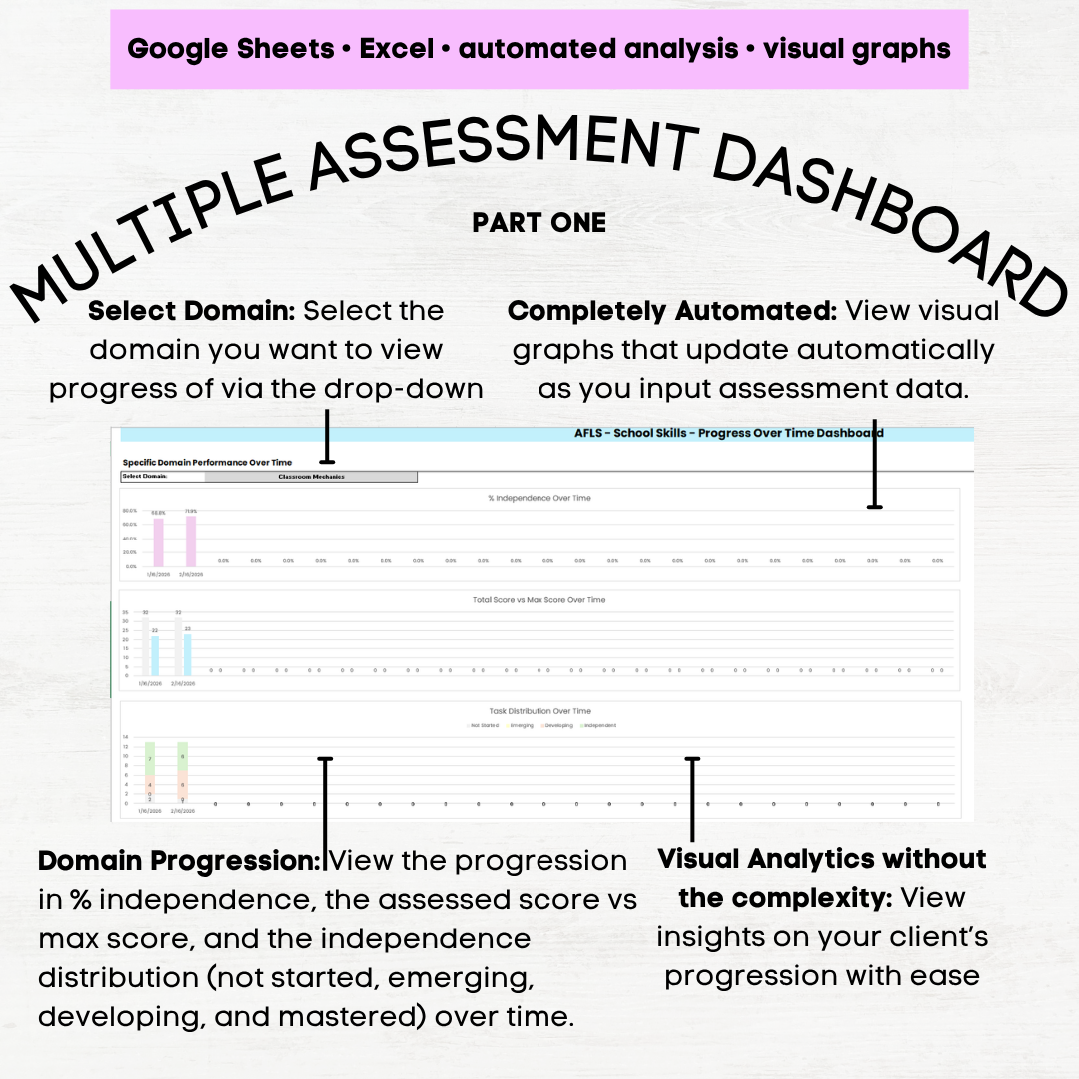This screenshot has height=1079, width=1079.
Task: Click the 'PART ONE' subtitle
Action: pos(539,223)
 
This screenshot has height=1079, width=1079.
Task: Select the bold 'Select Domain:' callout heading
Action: pos(192,311)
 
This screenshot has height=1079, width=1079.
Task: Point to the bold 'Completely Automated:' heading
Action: pos(672,311)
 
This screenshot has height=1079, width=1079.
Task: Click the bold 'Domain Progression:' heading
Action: pos(179,861)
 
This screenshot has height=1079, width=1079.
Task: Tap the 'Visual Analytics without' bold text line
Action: pos(822,859)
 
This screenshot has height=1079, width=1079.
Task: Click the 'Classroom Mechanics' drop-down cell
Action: pos(311,477)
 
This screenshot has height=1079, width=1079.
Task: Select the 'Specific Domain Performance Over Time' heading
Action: pos(207,463)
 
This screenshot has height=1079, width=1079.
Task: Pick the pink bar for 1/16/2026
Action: pos(158,541)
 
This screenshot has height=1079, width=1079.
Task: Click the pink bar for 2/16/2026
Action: pos(191,540)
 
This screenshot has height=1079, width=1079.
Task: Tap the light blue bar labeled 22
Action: pos(155,655)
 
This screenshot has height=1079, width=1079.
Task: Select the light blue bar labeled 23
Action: pos(187,654)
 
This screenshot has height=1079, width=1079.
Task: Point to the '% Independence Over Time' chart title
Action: pos(540,498)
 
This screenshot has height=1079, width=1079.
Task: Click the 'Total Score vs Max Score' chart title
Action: pos(540,600)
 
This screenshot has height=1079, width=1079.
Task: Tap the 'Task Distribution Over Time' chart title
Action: pos(540,711)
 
